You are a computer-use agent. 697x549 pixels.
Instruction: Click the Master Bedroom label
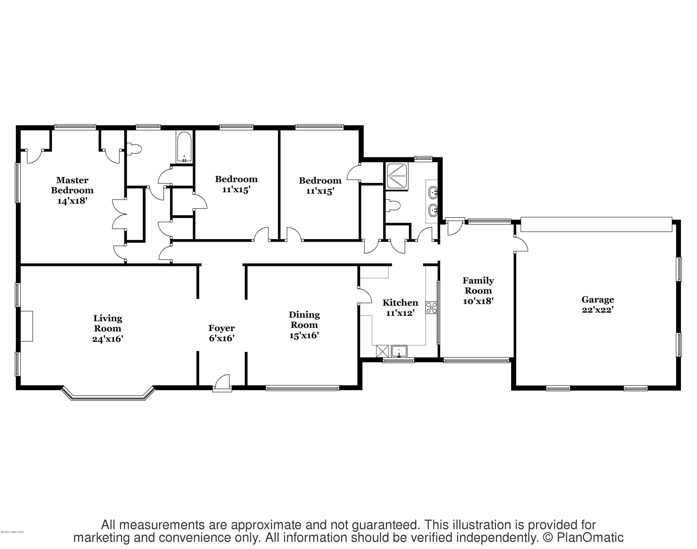click(72, 185)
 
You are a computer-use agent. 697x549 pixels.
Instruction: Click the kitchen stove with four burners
click(431, 308)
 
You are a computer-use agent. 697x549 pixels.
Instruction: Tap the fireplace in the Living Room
click(27, 326)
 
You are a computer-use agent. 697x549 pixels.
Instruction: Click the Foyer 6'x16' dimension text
click(222, 338)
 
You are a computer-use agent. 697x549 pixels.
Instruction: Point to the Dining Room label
click(304, 320)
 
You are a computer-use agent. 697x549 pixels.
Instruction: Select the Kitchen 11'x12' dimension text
click(400, 313)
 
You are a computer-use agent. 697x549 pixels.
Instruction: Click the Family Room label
click(478, 285)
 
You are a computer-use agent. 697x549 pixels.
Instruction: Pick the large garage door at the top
click(596, 224)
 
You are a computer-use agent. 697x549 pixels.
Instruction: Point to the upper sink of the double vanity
click(433, 192)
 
